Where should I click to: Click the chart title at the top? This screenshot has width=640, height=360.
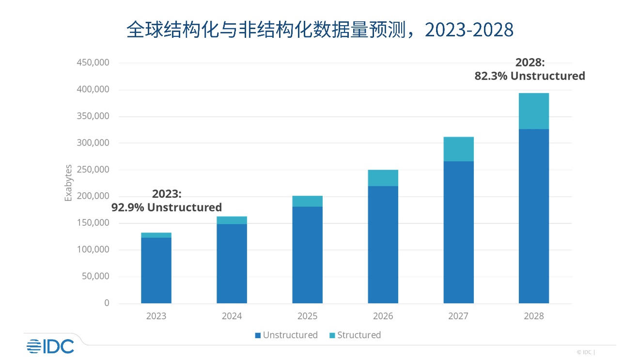pyautogui.click(x=319, y=30)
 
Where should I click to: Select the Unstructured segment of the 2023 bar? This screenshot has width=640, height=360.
pyautogui.click(x=156, y=270)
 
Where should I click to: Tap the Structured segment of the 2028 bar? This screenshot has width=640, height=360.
pyautogui.click(x=533, y=111)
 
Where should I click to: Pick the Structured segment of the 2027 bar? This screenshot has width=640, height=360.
pyautogui.click(x=458, y=149)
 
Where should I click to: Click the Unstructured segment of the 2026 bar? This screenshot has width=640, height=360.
pyautogui.click(x=383, y=245)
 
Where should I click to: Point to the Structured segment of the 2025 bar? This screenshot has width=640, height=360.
pyautogui.click(x=307, y=201)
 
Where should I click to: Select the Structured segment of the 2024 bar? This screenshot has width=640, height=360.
pyautogui.click(x=232, y=220)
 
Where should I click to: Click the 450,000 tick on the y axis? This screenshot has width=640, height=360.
pyautogui.click(x=93, y=63)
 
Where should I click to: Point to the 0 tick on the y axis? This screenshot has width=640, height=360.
pyautogui.click(x=107, y=303)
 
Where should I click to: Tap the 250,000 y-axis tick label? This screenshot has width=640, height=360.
pyautogui.click(x=93, y=170)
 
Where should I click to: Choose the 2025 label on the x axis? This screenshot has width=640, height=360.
pyautogui.click(x=307, y=316)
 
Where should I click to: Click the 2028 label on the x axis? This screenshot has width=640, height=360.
pyautogui.click(x=533, y=316)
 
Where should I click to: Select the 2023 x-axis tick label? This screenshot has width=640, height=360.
pyautogui.click(x=156, y=316)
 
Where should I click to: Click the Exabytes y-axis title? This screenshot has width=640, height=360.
pyautogui.click(x=68, y=183)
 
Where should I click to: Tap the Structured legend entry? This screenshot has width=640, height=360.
pyautogui.click(x=355, y=335)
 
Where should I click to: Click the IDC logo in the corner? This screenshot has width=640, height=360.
pyautogui.click(x=50, y=346)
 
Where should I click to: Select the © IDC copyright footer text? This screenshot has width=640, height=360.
pyautogui.click(x=585, y=352)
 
